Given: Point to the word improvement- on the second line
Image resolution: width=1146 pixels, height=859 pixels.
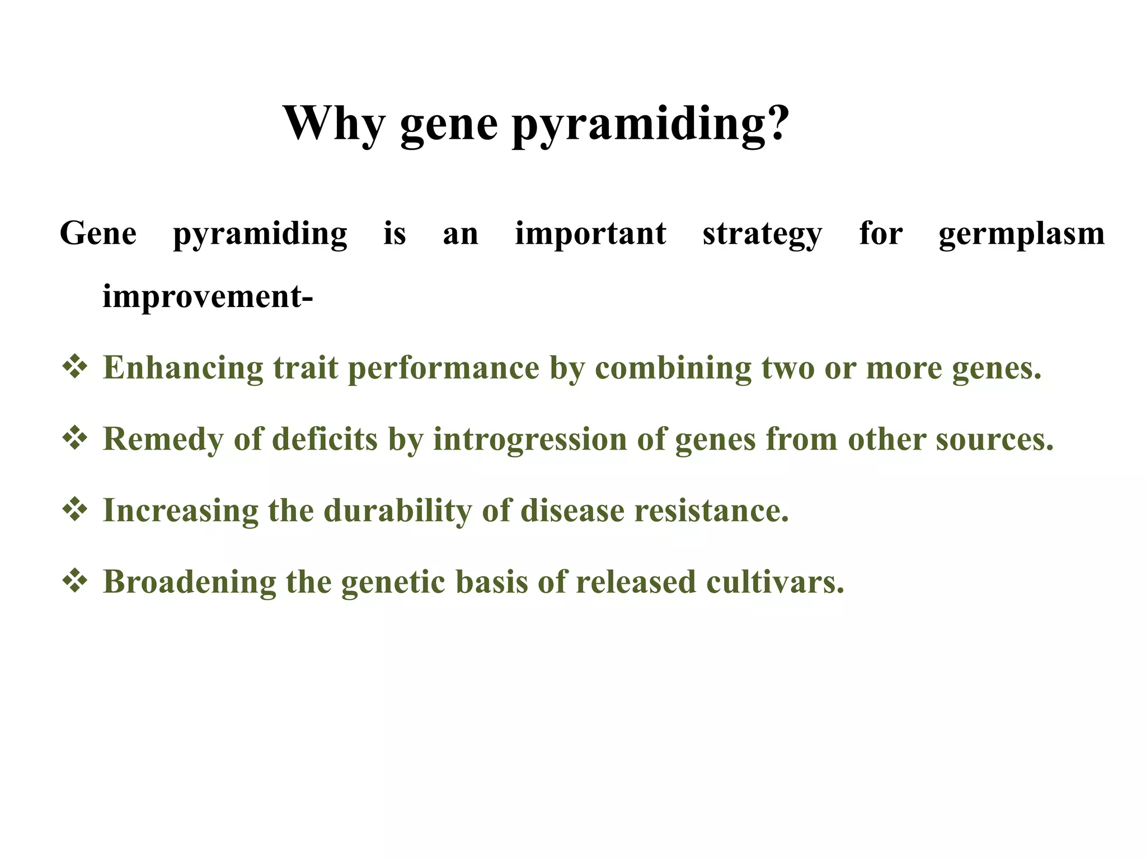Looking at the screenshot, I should click(208, 297).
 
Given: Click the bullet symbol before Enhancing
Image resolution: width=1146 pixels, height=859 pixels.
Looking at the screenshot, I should click(75, 367).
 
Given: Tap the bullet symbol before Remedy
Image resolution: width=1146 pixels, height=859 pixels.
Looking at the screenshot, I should click(75, 438).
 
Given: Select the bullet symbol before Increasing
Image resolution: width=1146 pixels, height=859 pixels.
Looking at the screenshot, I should click(75, 510).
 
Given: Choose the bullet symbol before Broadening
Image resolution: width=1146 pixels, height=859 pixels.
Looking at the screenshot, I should click(75, 581).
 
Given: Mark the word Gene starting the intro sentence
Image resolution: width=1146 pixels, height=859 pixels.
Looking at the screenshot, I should click(98, 234).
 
